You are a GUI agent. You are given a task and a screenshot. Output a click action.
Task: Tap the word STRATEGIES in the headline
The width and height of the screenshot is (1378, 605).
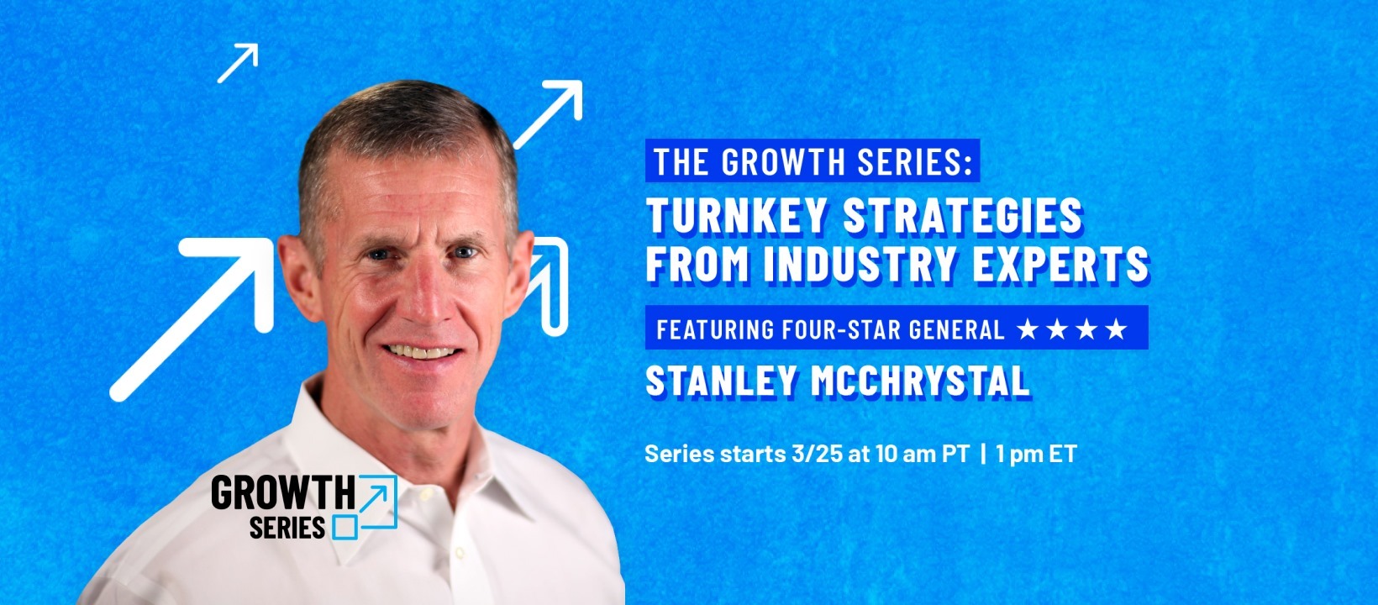[x=963, y=216]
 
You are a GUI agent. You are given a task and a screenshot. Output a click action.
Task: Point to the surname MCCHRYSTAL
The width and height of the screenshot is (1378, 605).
[x=920, y=381]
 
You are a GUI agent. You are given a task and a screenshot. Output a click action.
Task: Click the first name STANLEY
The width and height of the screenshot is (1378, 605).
[x=721, y=381]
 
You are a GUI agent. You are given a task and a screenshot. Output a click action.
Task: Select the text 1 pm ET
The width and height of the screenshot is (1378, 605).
[x=1036, y=454]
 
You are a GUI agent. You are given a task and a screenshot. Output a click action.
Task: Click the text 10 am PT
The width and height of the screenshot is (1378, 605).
[x=922, y=454]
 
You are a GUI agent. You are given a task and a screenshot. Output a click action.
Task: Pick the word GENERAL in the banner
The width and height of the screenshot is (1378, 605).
[x=956, y=329]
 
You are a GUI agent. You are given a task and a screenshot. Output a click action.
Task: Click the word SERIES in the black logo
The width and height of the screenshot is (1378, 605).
[x=287, y=528]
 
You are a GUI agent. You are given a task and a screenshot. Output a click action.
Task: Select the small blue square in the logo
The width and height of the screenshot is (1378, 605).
[x=345, y=528]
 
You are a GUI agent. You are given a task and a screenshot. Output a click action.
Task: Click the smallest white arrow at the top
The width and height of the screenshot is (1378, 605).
[x=238, y=63]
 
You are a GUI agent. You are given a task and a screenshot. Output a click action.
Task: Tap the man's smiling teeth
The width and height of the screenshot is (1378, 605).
[x=422, y=352]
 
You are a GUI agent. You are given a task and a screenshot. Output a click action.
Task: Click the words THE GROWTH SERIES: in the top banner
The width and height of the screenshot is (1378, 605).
[x=813, y=161]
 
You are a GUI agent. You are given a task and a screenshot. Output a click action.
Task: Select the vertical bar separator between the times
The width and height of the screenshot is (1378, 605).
[x=983, y=454]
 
